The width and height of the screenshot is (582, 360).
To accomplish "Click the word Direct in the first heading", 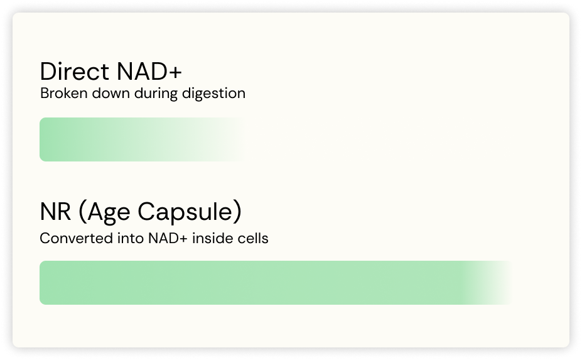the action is coord(75,71).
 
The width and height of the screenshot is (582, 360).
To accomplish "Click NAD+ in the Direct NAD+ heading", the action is coord(149,71).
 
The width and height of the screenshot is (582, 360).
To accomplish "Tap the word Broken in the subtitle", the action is coord(64,93).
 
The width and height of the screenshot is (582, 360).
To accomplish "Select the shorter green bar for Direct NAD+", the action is coord(143,139).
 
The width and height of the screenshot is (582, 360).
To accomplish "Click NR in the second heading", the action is coord(55,211).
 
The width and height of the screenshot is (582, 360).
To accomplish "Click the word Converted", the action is coord(76,238).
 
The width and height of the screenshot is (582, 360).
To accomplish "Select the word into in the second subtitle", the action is coord(131,238).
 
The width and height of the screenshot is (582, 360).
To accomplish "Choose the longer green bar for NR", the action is coord(276,283).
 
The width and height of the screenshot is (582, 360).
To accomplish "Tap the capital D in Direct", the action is coord(48,71).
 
